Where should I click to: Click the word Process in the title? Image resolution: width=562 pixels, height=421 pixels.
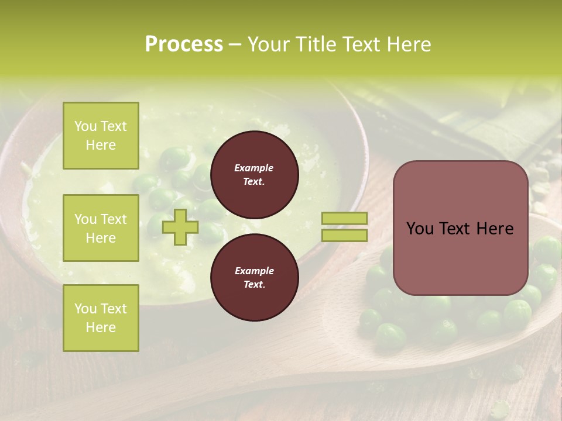point(184,44)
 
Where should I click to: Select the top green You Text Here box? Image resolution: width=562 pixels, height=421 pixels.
point(101,136)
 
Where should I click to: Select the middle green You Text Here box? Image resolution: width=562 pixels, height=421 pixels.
point(101,228)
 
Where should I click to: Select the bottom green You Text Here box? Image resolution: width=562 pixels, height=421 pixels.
point(101,318)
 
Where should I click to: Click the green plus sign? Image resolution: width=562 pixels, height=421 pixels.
point(180,227)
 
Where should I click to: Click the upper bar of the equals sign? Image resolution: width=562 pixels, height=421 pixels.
point(344,219)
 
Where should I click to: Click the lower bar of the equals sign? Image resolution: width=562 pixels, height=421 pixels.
point(344,235)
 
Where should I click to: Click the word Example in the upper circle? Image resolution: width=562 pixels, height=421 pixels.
point(254,168)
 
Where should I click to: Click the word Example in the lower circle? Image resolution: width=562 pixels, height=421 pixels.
point(254,271)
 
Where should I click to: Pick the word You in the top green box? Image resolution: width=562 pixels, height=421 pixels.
point(85,126)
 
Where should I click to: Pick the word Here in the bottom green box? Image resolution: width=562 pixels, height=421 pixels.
point(101,327)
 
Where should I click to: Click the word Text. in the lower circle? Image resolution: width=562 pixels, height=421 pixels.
point(254,284)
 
